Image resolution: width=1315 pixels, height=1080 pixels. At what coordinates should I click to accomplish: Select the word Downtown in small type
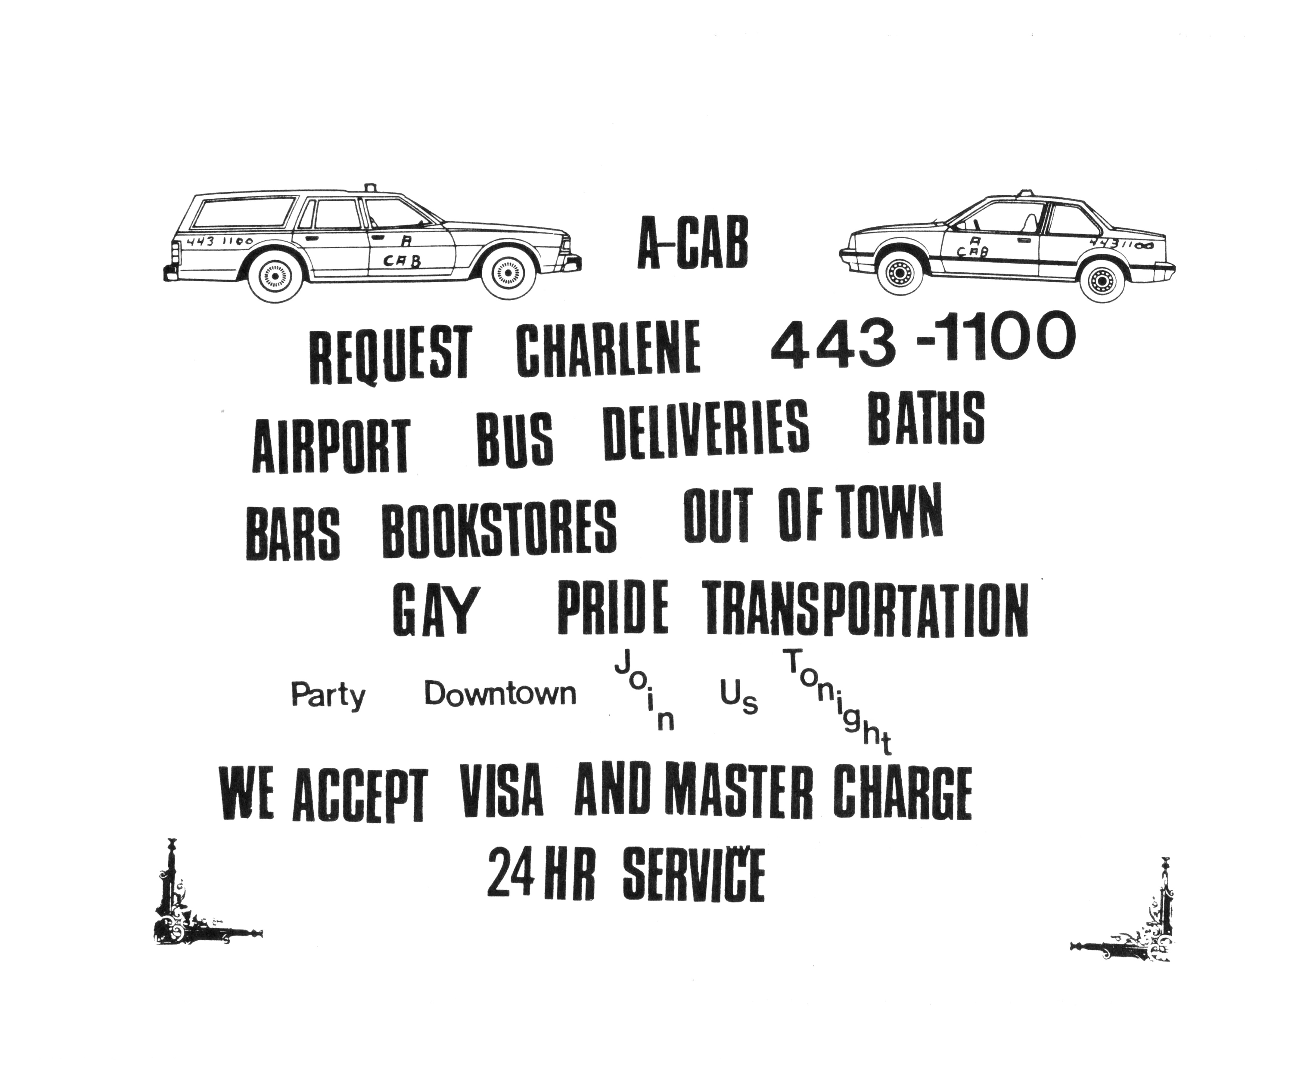(x=500, y=694)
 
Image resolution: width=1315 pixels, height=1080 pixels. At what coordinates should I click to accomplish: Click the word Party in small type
(x=328, y=696)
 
